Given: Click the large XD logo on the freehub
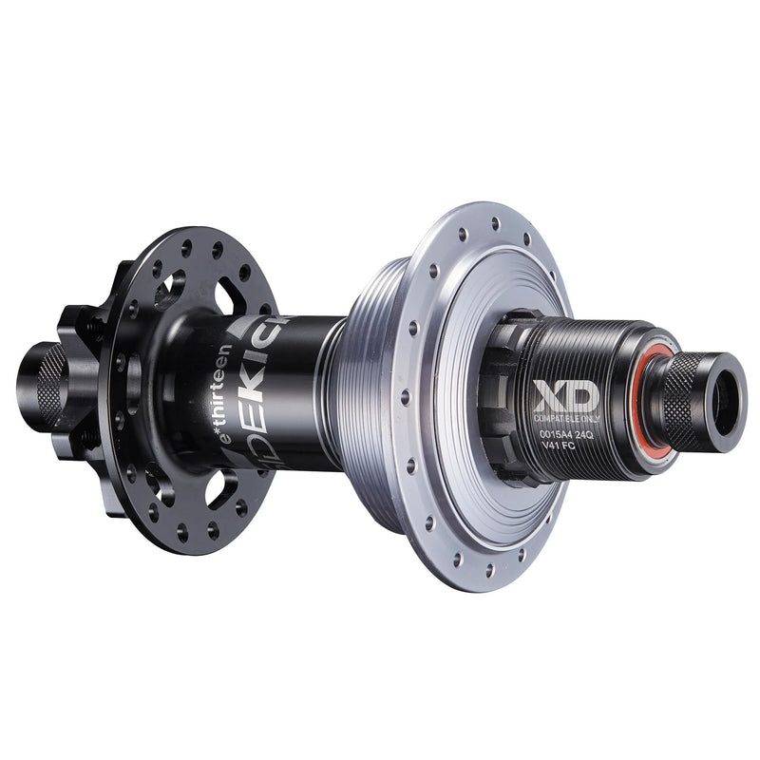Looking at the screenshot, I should (x=566, y=395).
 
